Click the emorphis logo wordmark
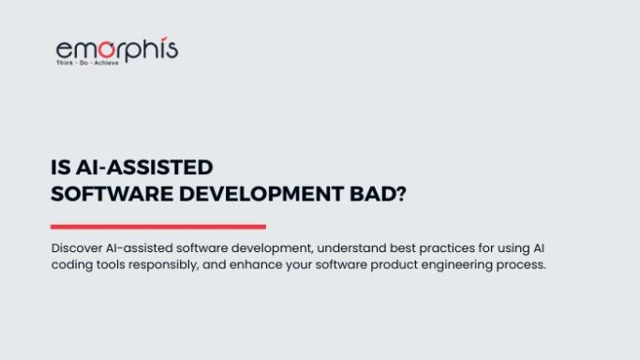[x=116, y=49]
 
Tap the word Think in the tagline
[x=67, y=64]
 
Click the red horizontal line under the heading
[x=157, y=226]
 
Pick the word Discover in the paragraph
[x=80, y=248]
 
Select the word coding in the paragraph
[x=74, y=265]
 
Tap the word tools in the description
[x=117, y=265]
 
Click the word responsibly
[x=177, y=265]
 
